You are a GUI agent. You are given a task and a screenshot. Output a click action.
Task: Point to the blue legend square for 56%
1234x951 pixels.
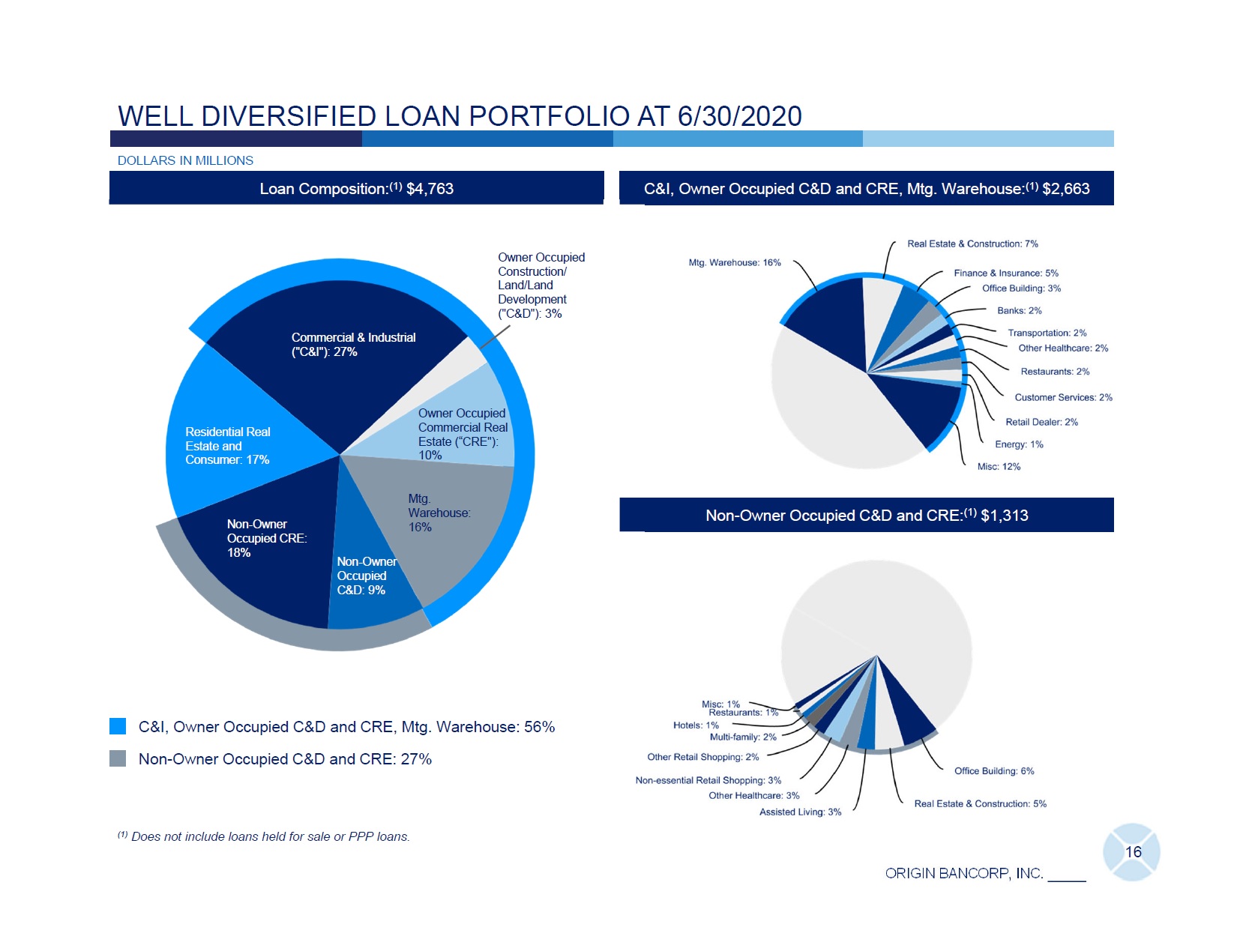click(x=118, y=726)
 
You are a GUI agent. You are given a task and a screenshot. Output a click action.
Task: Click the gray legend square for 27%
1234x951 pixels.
click(x=118, y=758)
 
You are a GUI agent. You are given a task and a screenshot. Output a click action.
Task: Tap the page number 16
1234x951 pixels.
click(x=1133, y=852)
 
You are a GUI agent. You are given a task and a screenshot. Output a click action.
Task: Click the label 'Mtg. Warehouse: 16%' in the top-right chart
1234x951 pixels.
click(x=735, y=262)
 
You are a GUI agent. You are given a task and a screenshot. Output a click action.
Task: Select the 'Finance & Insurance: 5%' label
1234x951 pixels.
click(x=1006, y=273)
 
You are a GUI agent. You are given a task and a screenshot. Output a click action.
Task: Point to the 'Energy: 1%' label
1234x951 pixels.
click(x=1019, y=444)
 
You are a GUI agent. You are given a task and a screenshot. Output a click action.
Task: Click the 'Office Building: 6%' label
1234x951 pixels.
click(x=994, y=771)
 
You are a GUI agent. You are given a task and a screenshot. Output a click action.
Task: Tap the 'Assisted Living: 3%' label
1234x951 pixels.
click(x=800, y=812)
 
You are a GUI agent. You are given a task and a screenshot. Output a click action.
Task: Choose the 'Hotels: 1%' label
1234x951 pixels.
click(x=696, y=725)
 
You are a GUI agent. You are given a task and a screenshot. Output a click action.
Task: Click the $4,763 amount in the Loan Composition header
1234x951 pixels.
click(x=430, y=189)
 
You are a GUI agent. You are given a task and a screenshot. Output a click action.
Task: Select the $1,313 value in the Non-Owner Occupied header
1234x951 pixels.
click(x=1005, y=516)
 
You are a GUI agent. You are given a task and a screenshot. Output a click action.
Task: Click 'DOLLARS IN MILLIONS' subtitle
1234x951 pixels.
click(x=185, y=160)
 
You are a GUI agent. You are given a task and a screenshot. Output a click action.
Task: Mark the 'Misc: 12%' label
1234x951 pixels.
click(x=999, y=467)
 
